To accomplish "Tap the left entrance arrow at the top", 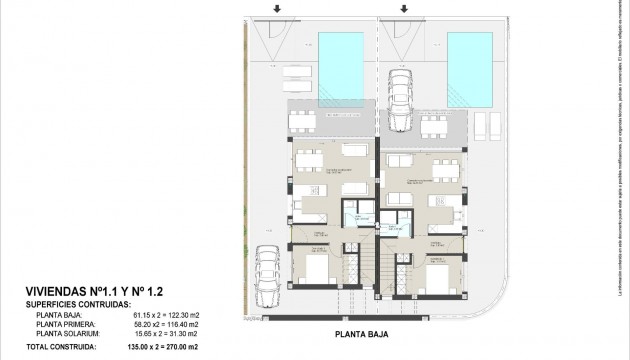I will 277,10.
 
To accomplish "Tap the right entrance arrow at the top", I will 406,10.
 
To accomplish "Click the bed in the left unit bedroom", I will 315,270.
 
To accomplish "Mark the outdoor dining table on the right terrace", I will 434,125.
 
